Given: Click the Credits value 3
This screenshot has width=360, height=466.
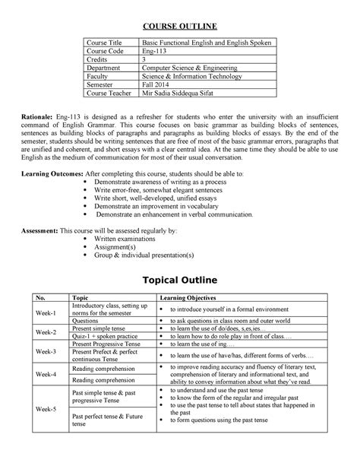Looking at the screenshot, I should tap(144, 65).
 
